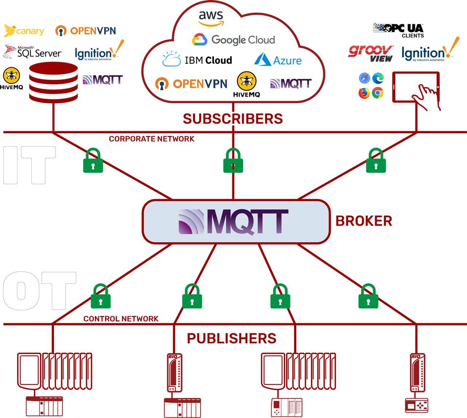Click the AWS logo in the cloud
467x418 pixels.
coord(211,18)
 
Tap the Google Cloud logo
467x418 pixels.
coord(233,40)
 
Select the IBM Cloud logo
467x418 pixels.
coord(197,59)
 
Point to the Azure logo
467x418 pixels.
coord(278,60)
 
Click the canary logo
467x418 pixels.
coord(24,31)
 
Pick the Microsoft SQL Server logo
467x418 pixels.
coord(32,51)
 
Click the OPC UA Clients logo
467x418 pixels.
coord(398,30)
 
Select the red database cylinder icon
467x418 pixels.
coord(54,82)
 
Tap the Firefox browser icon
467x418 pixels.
coord(364,93)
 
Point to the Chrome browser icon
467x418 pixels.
coord(378,93)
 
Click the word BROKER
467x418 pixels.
coord(364,221)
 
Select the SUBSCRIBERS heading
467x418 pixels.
coord(233,119)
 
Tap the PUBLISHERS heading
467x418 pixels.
coord(232,338)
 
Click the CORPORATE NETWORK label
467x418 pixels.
coord(151,139)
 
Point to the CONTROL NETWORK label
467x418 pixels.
coord(121,319)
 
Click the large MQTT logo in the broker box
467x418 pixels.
coord(233,222)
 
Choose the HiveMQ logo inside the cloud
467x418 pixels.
coord(247,84)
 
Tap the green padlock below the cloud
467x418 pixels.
coord(233,160)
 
